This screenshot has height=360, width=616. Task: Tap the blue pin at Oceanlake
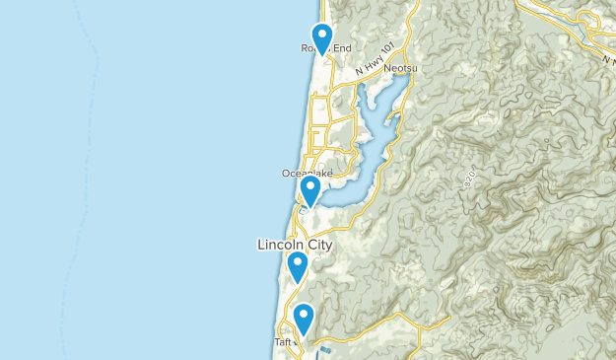(x=310, y=189)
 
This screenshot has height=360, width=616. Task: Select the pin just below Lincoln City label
(x=298, y=265)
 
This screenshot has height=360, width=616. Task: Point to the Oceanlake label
(x=307, y=174)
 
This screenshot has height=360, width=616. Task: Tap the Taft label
(x=283, y=342)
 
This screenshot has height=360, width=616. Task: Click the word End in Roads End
(x=339, y=48)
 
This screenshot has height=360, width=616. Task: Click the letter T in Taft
(x=276, y=342)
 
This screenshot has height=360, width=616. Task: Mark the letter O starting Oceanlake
(x=286, y=174)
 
